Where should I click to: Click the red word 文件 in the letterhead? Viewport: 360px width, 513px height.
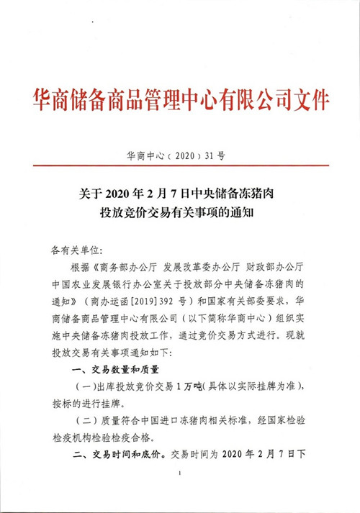(x=309, y=99)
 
